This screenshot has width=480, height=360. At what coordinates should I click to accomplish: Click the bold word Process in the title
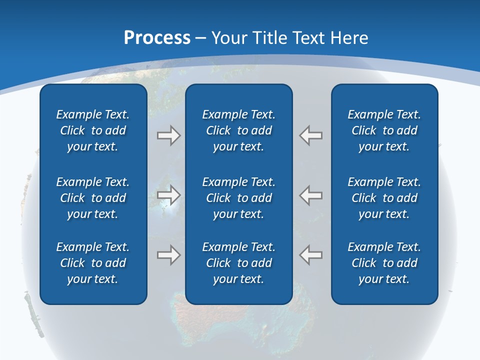157,38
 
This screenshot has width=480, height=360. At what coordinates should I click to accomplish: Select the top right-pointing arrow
168,135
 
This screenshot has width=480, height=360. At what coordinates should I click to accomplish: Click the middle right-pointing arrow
168,195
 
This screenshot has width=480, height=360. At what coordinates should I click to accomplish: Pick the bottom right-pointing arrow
168,255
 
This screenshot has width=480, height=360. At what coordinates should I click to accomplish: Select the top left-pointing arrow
311,135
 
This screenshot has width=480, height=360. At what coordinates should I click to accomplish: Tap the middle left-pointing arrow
311,195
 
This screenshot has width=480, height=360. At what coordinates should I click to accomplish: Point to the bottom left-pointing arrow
311,255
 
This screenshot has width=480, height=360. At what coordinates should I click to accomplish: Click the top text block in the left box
93,130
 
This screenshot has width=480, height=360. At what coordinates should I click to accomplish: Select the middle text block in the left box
93,198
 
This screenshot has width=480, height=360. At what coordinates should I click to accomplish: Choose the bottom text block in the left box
93,263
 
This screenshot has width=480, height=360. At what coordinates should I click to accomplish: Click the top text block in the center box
239,130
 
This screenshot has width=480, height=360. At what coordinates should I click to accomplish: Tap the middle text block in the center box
239,198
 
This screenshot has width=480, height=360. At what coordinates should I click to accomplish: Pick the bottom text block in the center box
239,263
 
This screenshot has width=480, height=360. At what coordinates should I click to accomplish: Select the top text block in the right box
384,130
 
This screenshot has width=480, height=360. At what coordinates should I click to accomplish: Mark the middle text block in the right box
384,198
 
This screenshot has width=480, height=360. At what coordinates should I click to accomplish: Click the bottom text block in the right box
384,263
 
